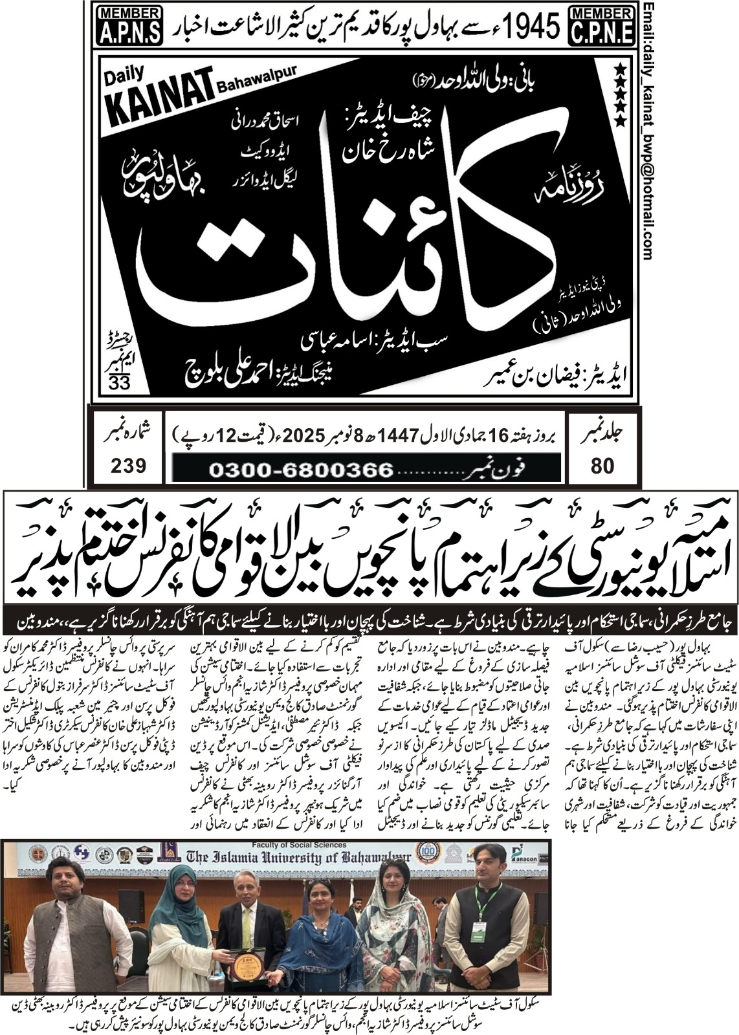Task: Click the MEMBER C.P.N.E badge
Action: (602, 25)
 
